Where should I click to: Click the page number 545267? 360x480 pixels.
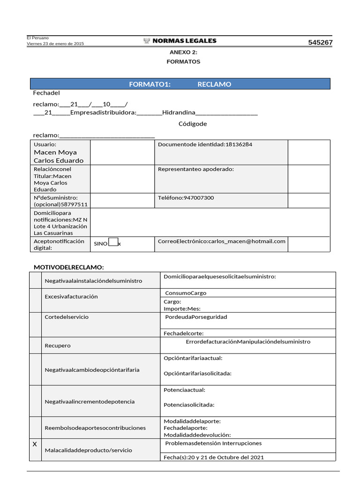coord(320,43)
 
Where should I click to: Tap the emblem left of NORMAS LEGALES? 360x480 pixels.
coord(147,41)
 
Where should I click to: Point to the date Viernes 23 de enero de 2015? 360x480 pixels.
coord(55,44)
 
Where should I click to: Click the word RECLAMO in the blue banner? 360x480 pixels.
coord(214,84)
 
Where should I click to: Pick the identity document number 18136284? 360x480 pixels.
coord(239,144)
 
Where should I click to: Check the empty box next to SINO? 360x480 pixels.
coord(113,242)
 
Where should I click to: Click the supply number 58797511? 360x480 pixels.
coord(75,205)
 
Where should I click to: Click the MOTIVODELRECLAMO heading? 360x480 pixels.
coord(68,267)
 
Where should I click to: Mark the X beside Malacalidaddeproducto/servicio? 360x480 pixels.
coord(35,443)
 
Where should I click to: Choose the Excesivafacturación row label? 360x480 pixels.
coord(71,297)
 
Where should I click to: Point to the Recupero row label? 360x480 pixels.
coord(58,345)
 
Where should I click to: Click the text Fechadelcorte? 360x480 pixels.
coord(183,333)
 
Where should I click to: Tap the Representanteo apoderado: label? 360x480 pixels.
coord(196,169)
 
